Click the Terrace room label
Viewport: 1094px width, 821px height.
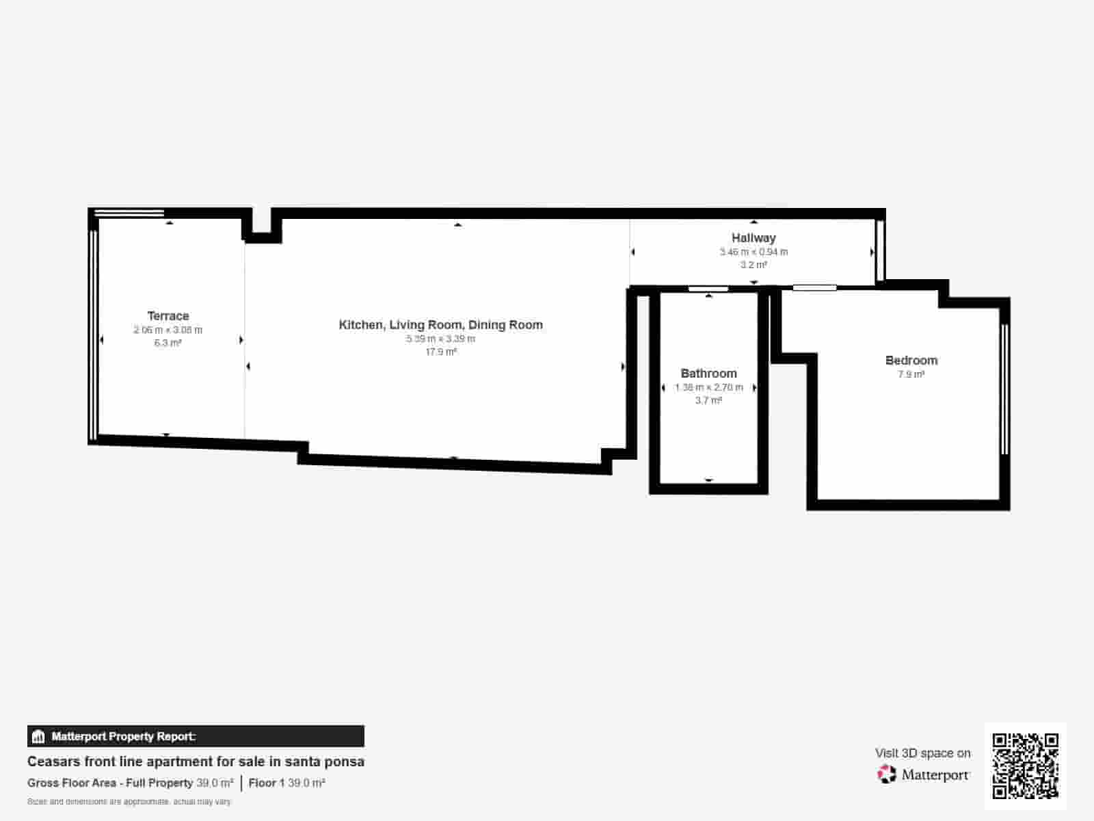[x=168, y=316]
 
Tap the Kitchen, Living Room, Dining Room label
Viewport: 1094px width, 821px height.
[x=440, y=325]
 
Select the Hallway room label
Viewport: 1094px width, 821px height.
[x=753, y=238]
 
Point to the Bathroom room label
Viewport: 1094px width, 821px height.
[x=708, y=374]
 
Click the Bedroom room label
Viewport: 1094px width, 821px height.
[x=911, y=361]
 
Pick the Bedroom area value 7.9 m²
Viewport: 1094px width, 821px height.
[x=911, y=374]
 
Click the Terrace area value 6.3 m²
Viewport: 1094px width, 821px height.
[x=168, y=343]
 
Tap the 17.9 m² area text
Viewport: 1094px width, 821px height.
[x=440, y=352]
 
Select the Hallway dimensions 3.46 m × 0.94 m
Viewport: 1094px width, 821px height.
[x=753, y=252]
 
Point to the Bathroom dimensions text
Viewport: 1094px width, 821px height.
[x=708, y=387]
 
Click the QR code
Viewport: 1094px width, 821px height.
[x=1025, y=766]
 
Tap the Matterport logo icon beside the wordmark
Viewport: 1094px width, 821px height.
[x=886, y=774]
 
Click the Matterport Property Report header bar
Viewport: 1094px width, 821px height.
[x=196, y=736]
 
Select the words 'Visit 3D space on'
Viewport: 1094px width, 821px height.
[x=922, y=753]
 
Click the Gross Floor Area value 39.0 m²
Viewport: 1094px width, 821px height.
[x=215, y=783]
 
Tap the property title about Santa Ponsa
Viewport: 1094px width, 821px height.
[x=196, y=761]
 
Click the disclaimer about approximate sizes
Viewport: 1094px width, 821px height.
[x=129, y=801]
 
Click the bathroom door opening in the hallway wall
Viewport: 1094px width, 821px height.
[x=708, y=289]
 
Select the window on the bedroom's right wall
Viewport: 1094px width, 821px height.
[x=1004, y=389]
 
